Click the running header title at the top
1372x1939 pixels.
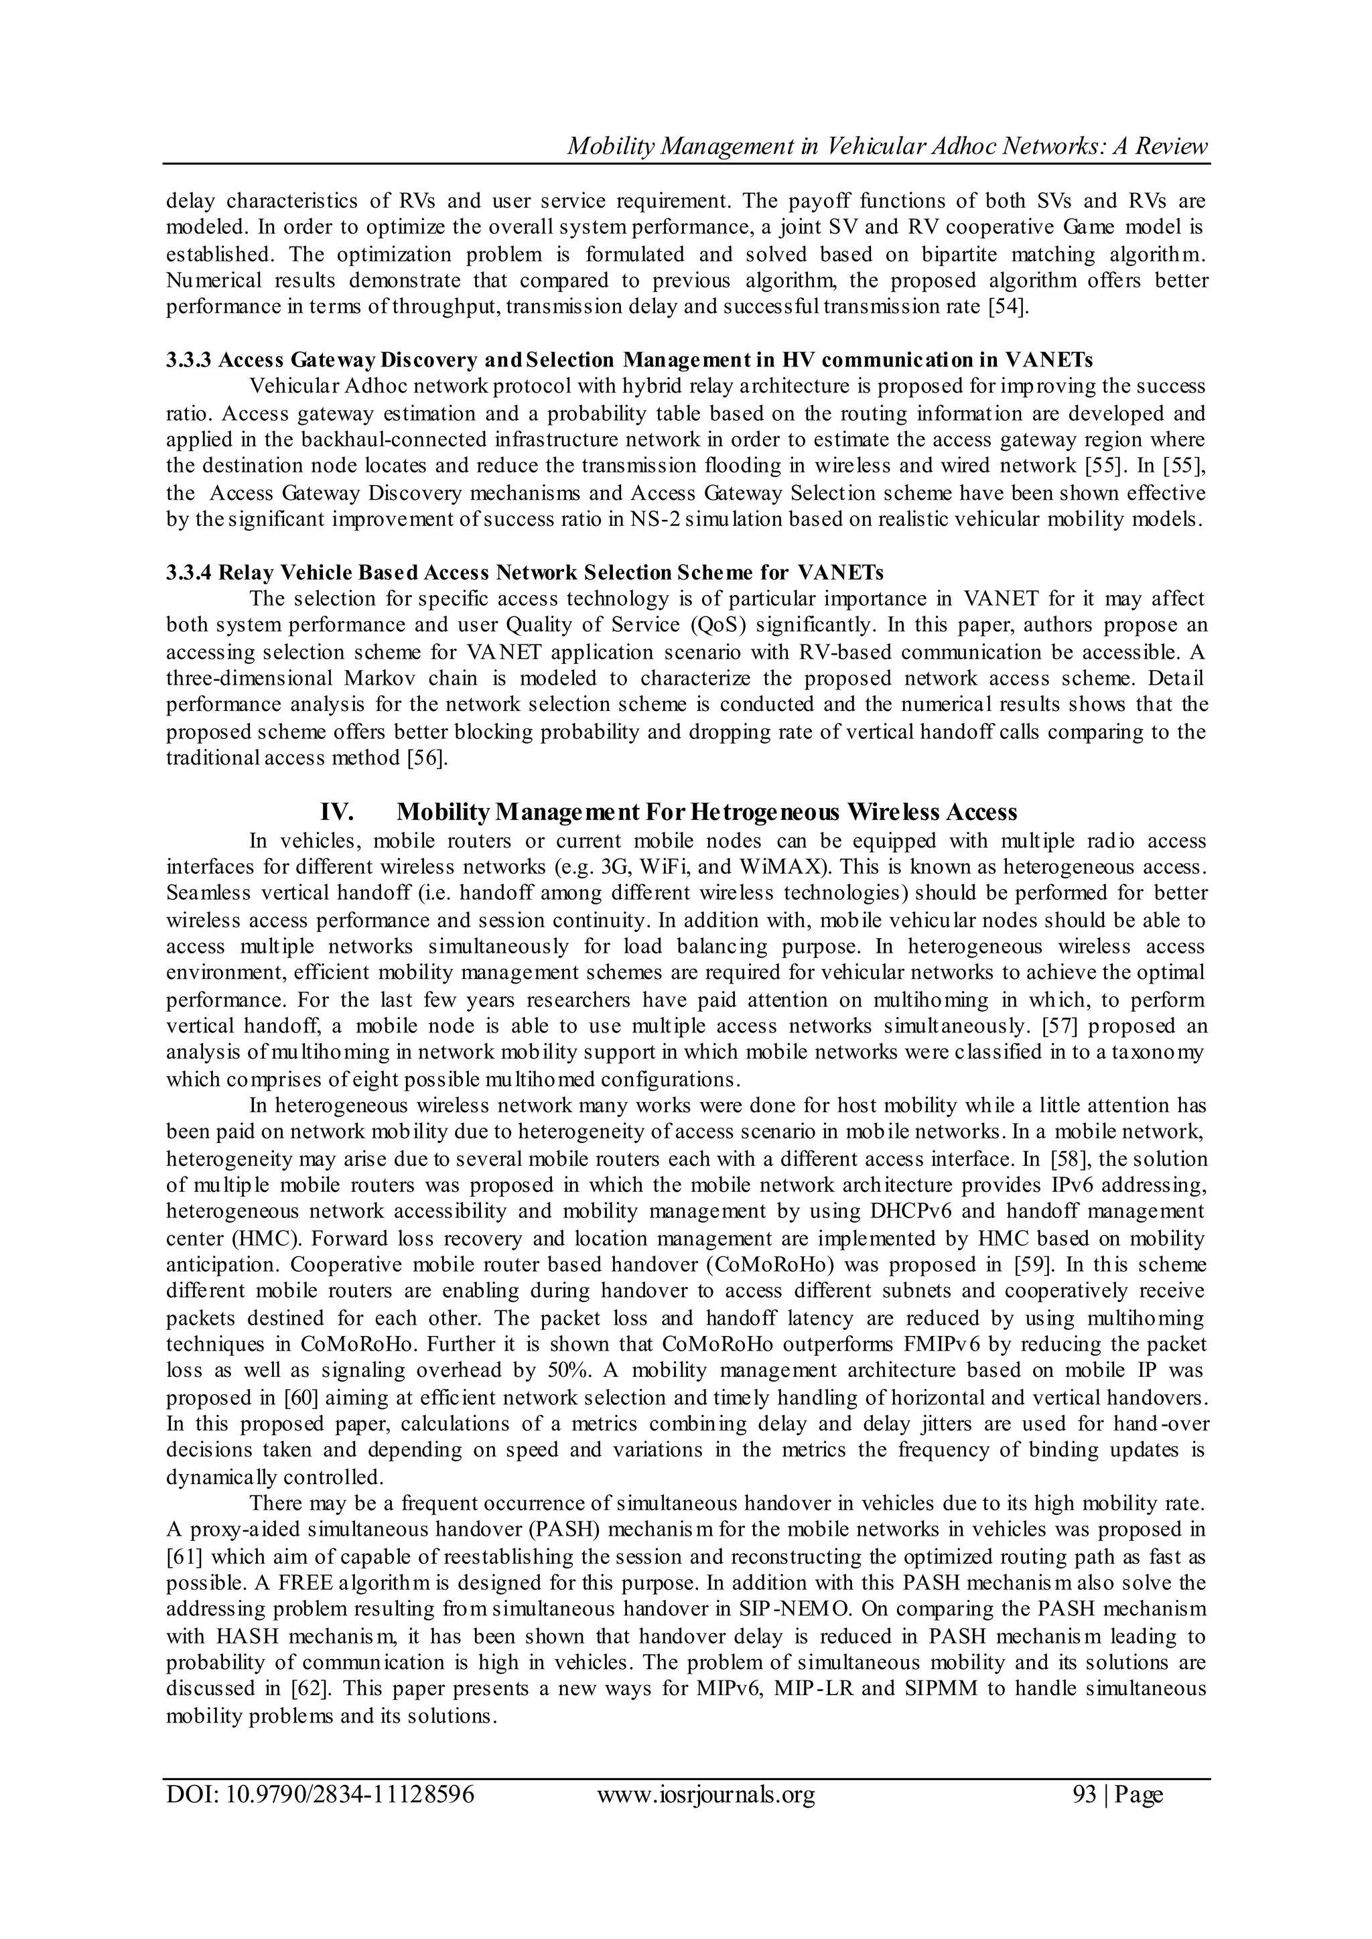(887, 146)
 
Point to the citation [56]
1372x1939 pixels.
(426, 758)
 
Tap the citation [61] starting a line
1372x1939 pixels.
(182, 1557)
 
